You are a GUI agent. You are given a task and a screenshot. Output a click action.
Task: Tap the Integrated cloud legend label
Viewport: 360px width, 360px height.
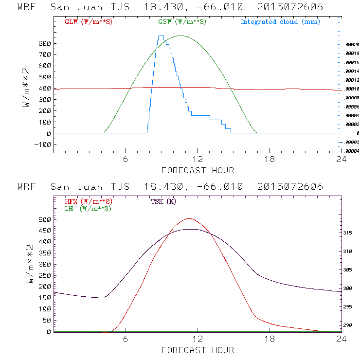(280, 22)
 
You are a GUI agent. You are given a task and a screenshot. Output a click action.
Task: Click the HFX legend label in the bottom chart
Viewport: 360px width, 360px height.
(88, 201)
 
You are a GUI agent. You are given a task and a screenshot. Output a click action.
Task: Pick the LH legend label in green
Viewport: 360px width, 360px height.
(88, 208)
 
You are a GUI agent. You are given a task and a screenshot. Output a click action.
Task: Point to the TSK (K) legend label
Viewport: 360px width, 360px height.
(163, 201)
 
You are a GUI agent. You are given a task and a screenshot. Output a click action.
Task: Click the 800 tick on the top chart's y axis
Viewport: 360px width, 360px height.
(45, 43)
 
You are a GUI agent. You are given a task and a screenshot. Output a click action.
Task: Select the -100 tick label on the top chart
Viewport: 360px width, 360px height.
(43, 144)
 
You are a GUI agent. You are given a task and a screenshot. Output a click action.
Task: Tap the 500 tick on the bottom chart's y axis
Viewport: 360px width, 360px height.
(45, 220)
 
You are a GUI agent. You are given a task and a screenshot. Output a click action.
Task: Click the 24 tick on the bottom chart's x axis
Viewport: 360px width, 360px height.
(341, 339)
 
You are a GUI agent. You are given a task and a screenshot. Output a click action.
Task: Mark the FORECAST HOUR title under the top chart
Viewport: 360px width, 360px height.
(198, 170)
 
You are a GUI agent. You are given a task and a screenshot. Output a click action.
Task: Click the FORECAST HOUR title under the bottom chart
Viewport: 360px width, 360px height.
(198, 350)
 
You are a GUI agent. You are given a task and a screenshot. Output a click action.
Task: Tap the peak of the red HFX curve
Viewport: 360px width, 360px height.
(189, 218)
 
